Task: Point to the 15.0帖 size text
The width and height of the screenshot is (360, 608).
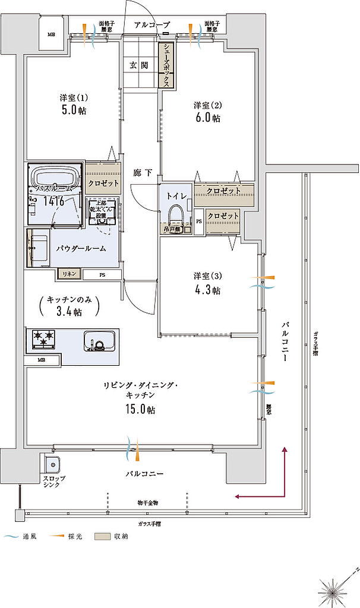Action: pos(140,410)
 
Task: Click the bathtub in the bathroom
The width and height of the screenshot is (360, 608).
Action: pos(55,177)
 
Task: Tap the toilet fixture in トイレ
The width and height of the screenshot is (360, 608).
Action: pos(176,213)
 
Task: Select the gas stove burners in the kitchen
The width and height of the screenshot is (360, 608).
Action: pos(43,339)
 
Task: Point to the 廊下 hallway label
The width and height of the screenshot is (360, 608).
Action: pos(143,173)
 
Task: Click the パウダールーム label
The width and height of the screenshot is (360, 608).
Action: pos(81,248)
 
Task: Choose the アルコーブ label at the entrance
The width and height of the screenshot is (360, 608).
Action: pos(153,25)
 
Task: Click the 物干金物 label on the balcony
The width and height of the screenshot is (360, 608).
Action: pos(147,503)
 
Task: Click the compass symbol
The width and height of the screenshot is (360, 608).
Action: pos(333,590)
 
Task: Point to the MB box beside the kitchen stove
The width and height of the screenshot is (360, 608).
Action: pos(42,360)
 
